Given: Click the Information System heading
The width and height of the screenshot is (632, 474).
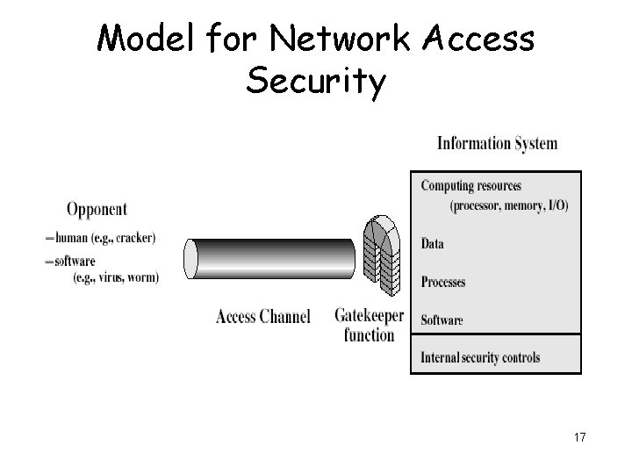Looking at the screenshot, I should point(497,143).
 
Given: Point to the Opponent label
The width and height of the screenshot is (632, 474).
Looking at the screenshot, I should point(97,209).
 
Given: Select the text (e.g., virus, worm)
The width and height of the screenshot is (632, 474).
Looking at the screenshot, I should point(116,277).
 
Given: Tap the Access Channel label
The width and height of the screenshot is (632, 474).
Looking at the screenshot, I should point(263,317).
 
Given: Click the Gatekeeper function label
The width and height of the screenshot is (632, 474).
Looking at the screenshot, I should point(369,324).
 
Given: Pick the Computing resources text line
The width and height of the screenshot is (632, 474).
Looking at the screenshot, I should point(470,185).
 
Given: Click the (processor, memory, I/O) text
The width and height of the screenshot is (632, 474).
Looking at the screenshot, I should point(508,206).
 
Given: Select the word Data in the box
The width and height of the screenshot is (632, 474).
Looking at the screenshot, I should point(432,243).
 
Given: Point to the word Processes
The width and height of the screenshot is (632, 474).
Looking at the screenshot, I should point(442,282).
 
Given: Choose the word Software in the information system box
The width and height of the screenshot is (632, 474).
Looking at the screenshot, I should point(442,320).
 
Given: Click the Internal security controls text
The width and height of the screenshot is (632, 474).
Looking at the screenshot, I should point(480,357).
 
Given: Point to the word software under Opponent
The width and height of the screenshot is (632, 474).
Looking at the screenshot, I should point(75,261).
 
